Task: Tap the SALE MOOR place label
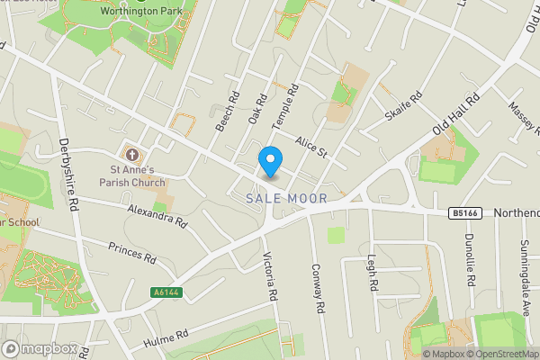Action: [x=286, y=197]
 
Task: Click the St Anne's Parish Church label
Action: [x=132, y=175]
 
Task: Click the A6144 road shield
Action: [x=165, y=292]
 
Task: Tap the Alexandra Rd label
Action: [x=157, y=214]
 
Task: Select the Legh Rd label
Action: [x=371, y=273]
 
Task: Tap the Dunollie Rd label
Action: [x=469, y=259]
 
